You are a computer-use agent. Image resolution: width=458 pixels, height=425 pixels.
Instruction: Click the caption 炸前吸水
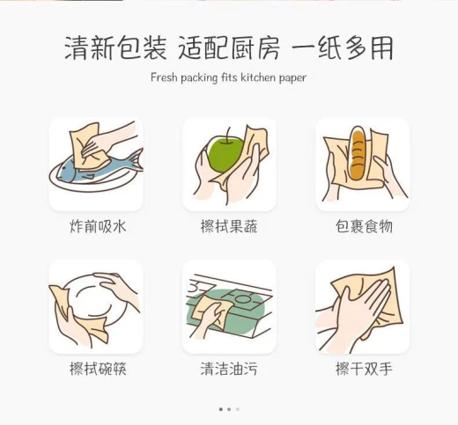[x=98, y=227]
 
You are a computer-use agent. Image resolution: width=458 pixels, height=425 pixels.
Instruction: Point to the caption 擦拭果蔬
[x=229, y=227]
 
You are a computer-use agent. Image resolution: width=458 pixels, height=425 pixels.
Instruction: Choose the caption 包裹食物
[x=364, y=227]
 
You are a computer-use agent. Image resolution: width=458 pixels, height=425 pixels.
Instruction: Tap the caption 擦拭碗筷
[x=98, y=369]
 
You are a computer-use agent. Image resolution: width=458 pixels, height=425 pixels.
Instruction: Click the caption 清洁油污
[x=229, y=369]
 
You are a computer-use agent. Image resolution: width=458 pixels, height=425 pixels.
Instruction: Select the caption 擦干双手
[x=364, y=369]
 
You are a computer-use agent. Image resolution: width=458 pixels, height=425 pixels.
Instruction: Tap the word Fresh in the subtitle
[x=164, y=77]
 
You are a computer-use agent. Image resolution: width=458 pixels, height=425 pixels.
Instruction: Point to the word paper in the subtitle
[x=292, y=78]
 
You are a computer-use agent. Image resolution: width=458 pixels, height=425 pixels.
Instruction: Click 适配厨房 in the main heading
[x=229, y=48]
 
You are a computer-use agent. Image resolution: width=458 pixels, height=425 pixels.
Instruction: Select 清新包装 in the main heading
[x=115, y=48]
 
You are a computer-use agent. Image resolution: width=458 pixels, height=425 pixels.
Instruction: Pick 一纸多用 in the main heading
[x=342, y=48]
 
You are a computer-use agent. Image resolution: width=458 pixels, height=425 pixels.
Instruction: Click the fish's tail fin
[x=136, y=160]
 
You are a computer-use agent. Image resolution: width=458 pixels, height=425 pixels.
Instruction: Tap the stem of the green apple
[x=228, y=136]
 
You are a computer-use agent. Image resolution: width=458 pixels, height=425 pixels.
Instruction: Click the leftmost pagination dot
[x=221, y=409]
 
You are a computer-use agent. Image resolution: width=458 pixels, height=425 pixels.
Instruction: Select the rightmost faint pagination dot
[x=238, y=409]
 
